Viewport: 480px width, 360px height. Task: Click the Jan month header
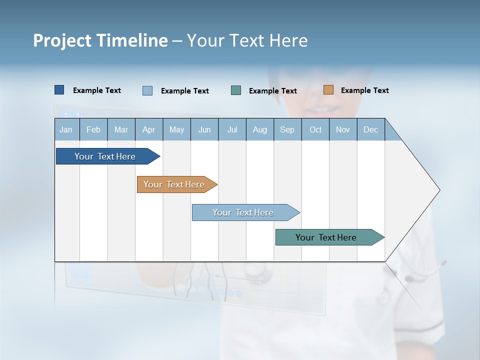click(x=66, y=129)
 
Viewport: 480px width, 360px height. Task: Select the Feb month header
click(x=93, y=129)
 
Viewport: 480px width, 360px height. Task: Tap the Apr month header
click(x=148, y=129)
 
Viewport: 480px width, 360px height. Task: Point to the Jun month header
click(x=204, y=129)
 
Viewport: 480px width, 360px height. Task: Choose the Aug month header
click(x=259, y=129)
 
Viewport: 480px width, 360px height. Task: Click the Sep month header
click(x=287, y=129)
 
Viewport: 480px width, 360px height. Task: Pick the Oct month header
click(x=315, y=129)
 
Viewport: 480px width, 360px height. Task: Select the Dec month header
click(x=370, y=129)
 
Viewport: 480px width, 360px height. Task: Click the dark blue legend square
click(x=59, y=90)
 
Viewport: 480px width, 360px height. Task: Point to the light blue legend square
click(x=147, y=90)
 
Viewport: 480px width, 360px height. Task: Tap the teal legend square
click(x=236, y=90)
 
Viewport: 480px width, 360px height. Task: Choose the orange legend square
click(x=328, y=90)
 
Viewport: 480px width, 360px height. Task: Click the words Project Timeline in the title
click(x=100, y=40)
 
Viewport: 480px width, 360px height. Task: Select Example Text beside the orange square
click(x=364, y=90)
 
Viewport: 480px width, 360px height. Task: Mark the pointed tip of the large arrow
click(x=439, y=190)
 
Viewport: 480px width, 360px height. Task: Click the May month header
click(x=176, y=129)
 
